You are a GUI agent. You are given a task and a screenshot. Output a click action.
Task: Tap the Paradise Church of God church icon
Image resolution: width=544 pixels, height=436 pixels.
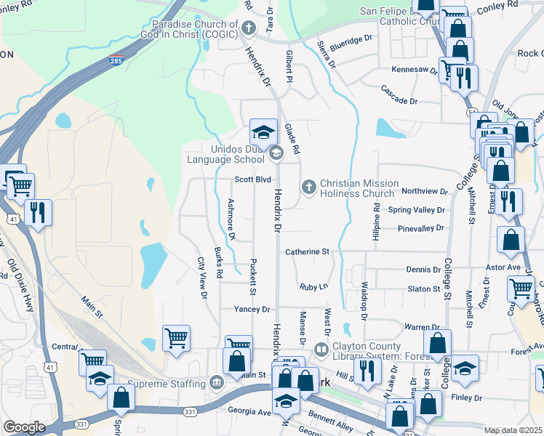tap(249, 29)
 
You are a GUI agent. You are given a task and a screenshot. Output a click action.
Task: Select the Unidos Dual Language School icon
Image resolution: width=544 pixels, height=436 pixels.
tap(276, 153)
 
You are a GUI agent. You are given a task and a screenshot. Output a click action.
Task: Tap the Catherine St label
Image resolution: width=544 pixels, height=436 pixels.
tap(307, 251)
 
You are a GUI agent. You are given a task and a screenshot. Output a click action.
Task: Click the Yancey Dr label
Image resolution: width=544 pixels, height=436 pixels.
tap(252, 310)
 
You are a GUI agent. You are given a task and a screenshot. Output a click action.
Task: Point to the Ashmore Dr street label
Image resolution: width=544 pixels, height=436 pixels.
tap(231, 219)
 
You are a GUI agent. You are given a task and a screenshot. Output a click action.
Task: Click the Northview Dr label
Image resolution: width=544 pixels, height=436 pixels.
tap(424, 191)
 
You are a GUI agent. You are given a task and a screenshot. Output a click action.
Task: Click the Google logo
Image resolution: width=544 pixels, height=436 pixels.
tap(24, 427)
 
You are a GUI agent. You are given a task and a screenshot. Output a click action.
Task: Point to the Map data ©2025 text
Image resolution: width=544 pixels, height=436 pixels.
tap(513, 430)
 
